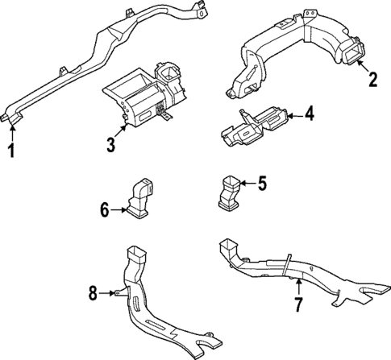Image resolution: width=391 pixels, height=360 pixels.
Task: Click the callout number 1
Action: (10, 150)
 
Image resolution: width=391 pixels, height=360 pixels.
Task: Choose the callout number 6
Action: (104, 211)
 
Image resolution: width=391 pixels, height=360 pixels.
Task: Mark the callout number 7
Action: (298, 305)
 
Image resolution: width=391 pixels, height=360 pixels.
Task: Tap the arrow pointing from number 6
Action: (118, 211)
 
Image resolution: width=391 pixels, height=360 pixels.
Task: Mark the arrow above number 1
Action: (10, 130)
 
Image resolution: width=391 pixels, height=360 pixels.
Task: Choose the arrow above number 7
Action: (297, 286)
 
